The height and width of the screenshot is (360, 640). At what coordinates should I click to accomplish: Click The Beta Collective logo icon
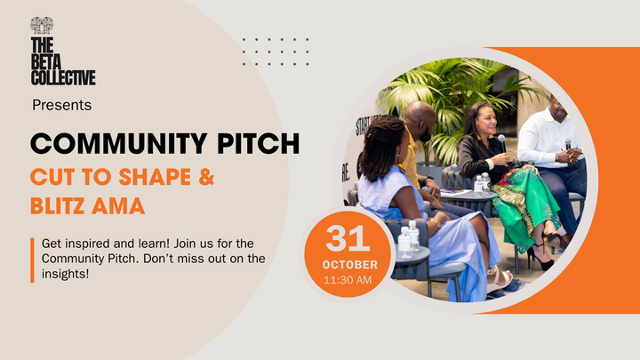(x=41, y=25)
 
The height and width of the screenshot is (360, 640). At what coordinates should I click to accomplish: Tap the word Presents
(x=61, y=105)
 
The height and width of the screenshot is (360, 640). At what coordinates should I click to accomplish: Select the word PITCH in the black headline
(x=258, y=142)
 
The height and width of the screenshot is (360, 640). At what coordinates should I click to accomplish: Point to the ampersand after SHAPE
(x=204, y=175)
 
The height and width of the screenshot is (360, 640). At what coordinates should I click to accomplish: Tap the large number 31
(x=349, y=238)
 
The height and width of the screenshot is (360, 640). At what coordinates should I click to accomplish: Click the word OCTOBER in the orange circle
(x=349, y=265)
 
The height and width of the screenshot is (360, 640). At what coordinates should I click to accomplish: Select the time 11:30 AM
(x=349, y=280)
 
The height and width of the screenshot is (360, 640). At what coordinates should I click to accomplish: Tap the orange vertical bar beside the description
(x=31, y=258)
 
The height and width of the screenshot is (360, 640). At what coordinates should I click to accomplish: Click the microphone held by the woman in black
(x=501, y=140)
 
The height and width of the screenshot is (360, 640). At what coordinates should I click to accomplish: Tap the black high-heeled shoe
(x=542, y=260)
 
